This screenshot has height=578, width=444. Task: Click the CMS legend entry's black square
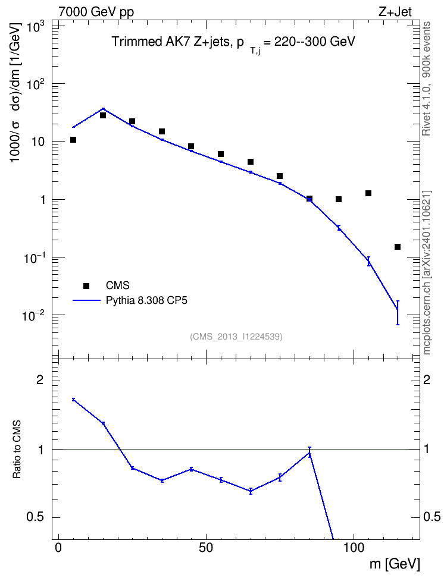86,285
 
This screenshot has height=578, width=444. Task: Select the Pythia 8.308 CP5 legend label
146,300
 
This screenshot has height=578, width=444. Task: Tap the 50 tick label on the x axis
206,548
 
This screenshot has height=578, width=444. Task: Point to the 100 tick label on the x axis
354,548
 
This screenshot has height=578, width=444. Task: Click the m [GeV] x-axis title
394,564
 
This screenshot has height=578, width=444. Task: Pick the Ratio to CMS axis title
17,450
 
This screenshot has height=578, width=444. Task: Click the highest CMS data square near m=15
103,115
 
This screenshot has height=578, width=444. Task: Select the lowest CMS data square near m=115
398,247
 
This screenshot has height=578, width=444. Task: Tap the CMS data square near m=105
368,193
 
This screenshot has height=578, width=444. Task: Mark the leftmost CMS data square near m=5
73,140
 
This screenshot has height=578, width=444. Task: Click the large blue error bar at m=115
398,313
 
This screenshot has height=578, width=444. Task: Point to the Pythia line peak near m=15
103,109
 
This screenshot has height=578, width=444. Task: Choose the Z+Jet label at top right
395,12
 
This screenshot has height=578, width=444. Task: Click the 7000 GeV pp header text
96,12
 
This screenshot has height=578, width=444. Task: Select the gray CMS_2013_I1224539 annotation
236,337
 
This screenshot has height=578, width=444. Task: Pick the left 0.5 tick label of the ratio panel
35,517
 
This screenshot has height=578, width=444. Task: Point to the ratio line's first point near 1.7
73,399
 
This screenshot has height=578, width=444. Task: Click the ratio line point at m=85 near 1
309,453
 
